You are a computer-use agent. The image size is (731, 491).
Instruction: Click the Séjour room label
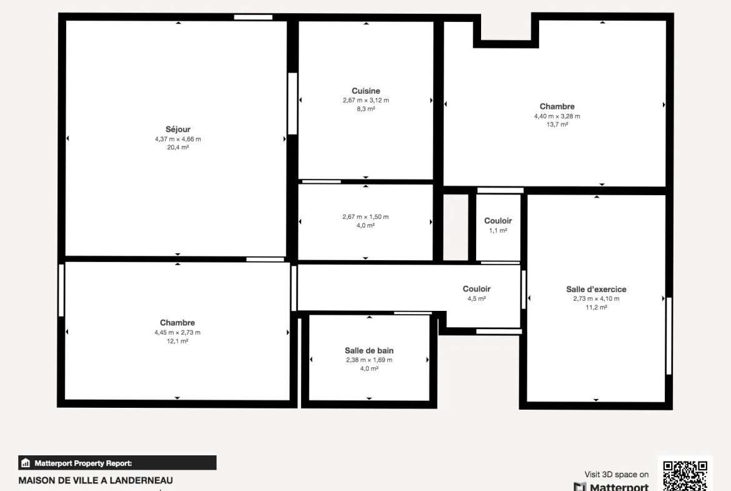tap(177, 129)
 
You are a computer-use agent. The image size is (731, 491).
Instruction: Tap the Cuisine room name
tap(366, 91)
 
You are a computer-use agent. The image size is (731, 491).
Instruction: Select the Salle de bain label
tap(369, 350)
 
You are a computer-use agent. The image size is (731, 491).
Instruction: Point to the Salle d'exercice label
tap(596, 290)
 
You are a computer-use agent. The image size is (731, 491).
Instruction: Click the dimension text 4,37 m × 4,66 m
tap(178, 139)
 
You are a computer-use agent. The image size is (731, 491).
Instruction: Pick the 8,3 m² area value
tap(366, 109)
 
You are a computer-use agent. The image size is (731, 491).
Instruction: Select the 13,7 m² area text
tap(557, 124)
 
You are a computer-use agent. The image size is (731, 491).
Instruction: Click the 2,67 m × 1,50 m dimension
tap(365, 217)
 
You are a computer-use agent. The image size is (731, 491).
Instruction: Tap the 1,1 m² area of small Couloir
tap(498, 231)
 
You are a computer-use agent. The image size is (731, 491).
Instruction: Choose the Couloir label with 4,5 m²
tap(477, 289)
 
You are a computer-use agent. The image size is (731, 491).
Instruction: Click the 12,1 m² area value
tap(177, 341)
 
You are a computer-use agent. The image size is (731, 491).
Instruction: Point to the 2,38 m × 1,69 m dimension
tap(369, 360)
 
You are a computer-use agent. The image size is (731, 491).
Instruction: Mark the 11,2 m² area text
tap(596, 308)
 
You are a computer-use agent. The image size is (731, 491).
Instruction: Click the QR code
tap(685, 475)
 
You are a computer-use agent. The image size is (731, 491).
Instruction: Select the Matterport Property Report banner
tap(117, 463)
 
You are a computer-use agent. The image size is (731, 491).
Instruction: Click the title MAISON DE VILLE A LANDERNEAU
tap(96, 480)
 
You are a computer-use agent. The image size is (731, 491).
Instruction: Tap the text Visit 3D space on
tap(616, 474)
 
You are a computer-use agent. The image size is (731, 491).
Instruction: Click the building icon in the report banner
tap(26, 463)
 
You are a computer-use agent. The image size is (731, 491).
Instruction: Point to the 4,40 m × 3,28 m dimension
tap(557, 116)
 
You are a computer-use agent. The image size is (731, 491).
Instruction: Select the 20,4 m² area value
tap(178, 148)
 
